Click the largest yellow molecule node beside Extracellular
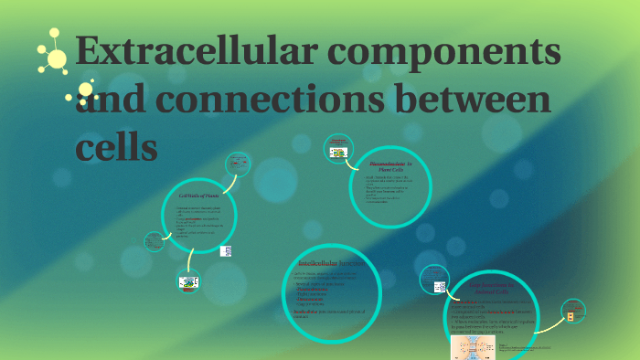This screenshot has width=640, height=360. [x=57, y=59]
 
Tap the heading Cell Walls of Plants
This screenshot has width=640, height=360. [x=198, y=196]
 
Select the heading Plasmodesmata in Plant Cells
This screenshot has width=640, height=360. [x=390, y=165]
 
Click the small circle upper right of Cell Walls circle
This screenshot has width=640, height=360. [x=237, y=165]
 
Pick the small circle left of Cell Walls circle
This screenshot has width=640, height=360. [x=154, y=242]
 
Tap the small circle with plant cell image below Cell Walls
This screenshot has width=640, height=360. [x=188, y=282]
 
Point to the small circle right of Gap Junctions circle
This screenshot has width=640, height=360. [x=572, y=316]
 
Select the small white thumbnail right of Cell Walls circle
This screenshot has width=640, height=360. [x=226, y=249]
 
